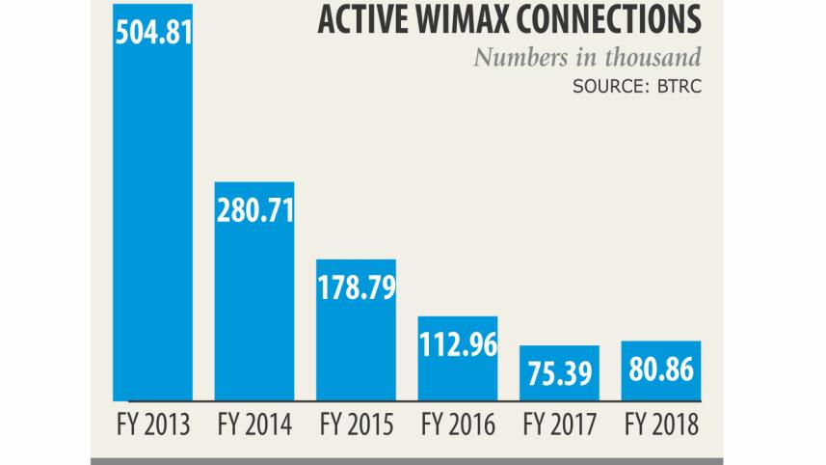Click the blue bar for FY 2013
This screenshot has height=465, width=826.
coord(153,222)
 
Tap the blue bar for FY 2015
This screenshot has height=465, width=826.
coord(356,347)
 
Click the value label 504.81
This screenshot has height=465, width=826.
coord(153,33)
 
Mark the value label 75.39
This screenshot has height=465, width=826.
coord(559,369)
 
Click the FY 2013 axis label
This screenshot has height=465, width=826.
coord(151,424)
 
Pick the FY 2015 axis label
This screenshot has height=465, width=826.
coord(356,424)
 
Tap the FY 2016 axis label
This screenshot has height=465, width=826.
coord(458,424)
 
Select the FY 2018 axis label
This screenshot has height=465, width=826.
coord(660,424)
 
